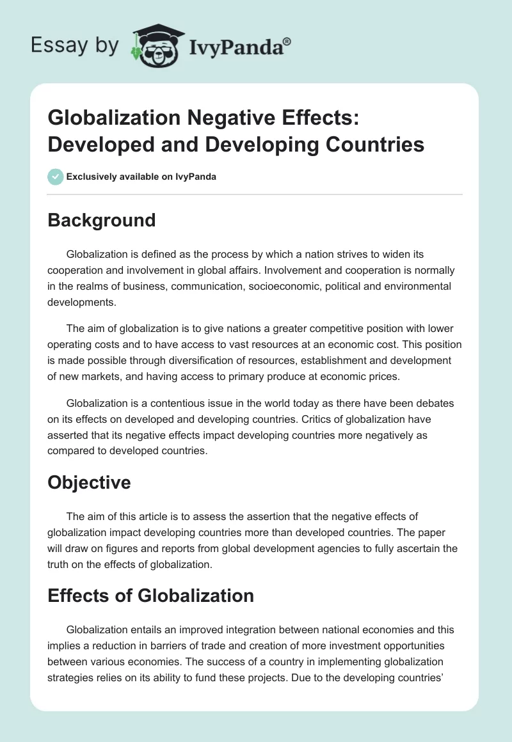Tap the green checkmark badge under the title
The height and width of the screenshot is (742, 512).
56,177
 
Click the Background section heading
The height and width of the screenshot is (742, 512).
102,220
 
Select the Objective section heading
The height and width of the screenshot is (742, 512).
89,482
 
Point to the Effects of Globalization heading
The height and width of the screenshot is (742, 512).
150,596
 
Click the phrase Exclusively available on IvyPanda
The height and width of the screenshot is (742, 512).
141,177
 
